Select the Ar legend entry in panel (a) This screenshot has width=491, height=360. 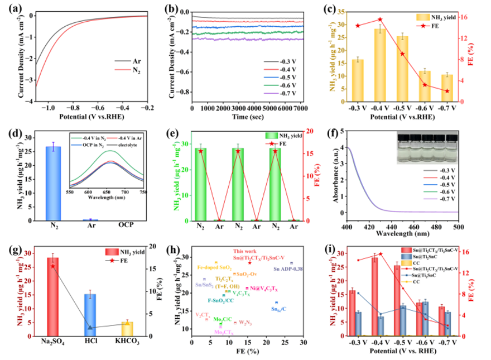[x=135, y=60]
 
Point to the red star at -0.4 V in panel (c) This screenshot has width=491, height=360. [x=380, y=20]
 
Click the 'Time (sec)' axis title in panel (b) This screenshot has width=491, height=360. [x=248, y=118]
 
